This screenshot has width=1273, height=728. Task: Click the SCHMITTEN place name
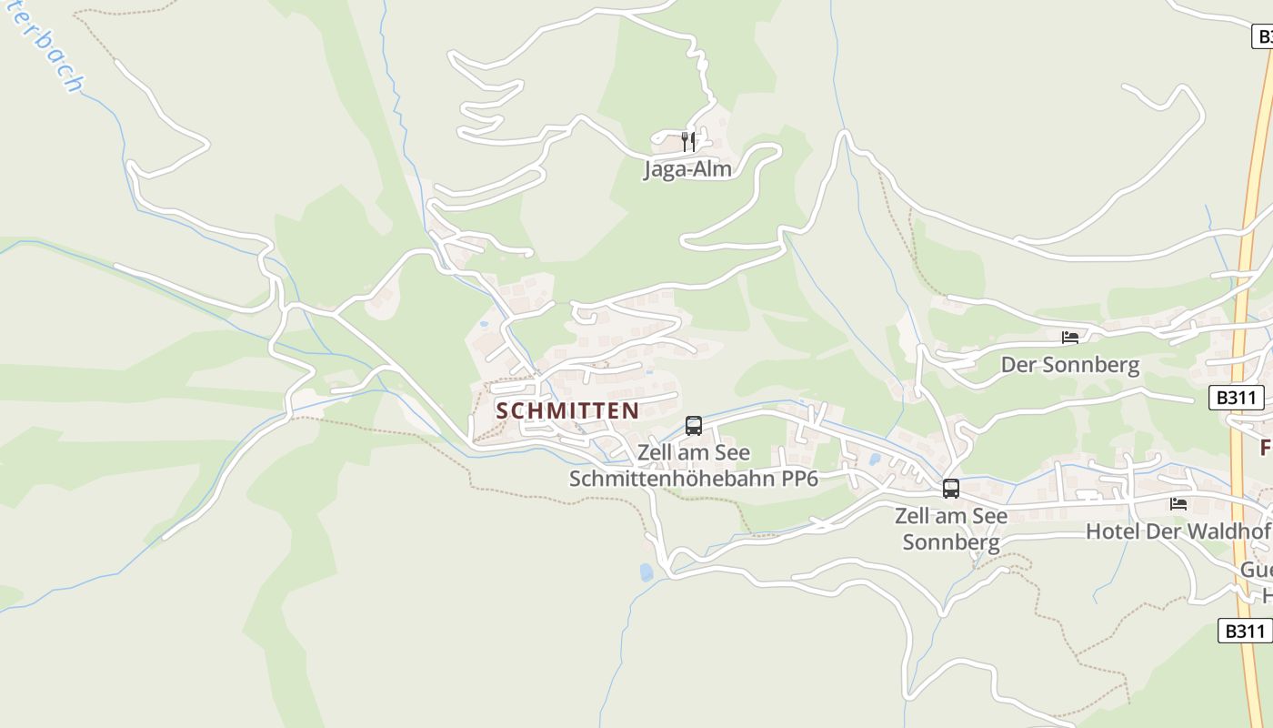coord(567,410)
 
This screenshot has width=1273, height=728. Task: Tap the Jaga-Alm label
coord(687,169)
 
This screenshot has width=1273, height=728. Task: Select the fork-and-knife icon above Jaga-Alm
coord(688,141)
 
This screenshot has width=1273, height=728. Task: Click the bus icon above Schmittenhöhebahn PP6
coord(694,425)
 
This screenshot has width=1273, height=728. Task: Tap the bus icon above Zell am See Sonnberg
coord(951,489)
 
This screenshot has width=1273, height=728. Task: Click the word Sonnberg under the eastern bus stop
coord(951,542)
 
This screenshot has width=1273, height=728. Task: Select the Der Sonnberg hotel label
coord(1069,365)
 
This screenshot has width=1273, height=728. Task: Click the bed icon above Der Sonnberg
coord(1070,338)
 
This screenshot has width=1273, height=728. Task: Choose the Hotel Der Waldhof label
coord(1178,531)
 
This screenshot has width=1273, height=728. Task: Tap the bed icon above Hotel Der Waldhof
coord(1179,503)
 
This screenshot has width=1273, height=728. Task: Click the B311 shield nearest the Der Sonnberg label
coord(1236,398)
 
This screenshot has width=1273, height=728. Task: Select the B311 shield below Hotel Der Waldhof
coord(1244,631)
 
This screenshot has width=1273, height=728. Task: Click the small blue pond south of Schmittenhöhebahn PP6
coord(646,572)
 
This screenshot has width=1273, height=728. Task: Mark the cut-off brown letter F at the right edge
coord(1265,448)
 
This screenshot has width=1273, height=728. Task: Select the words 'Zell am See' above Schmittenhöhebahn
coord(694,452)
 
